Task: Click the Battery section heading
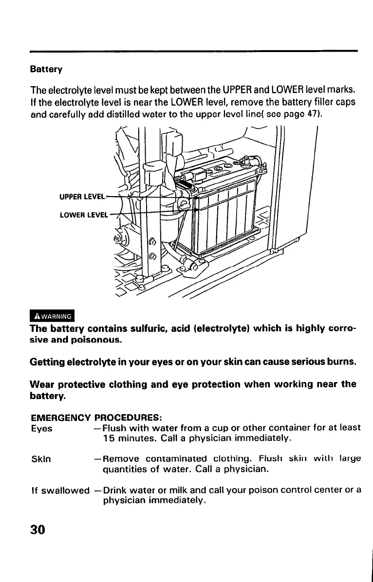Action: click(x=46, y=69)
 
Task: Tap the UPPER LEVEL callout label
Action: click(x=82, y=197)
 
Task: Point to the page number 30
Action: click(x=37, y=529)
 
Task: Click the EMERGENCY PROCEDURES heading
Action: click(x=96, y=418)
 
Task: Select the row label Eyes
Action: click(x=41, y=429)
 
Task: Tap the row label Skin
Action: click(x=40, y=459)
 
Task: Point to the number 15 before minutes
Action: click(x=108, y=439)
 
